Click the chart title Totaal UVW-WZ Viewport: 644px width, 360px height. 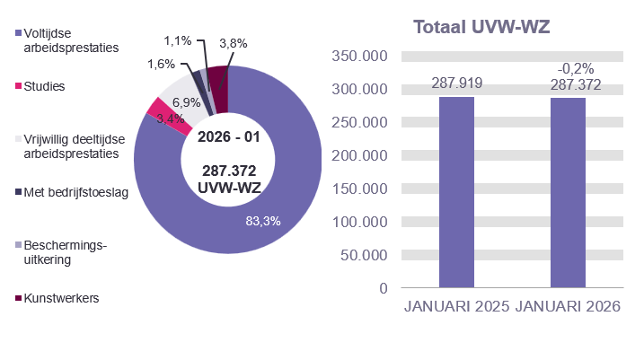point(481,27)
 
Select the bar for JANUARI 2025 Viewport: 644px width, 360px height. point(456,192)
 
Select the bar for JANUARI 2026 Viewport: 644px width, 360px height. point(568,192)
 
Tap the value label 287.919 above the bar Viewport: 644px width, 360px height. point(457,83)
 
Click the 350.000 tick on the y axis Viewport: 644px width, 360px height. point(358,57)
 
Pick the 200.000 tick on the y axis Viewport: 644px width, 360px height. point(358,155)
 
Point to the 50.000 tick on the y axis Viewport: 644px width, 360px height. point(363,255)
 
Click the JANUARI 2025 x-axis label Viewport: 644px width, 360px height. point(456,307)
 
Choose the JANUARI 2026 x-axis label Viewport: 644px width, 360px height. point(568,307)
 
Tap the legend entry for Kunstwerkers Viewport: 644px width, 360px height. point(62,297)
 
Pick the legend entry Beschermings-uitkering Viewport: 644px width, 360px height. point(63,251)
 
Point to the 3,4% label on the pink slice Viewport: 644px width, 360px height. point(170,118)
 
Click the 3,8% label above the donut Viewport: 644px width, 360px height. point(233,42)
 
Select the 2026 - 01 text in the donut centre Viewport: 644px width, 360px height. point(228,137)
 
